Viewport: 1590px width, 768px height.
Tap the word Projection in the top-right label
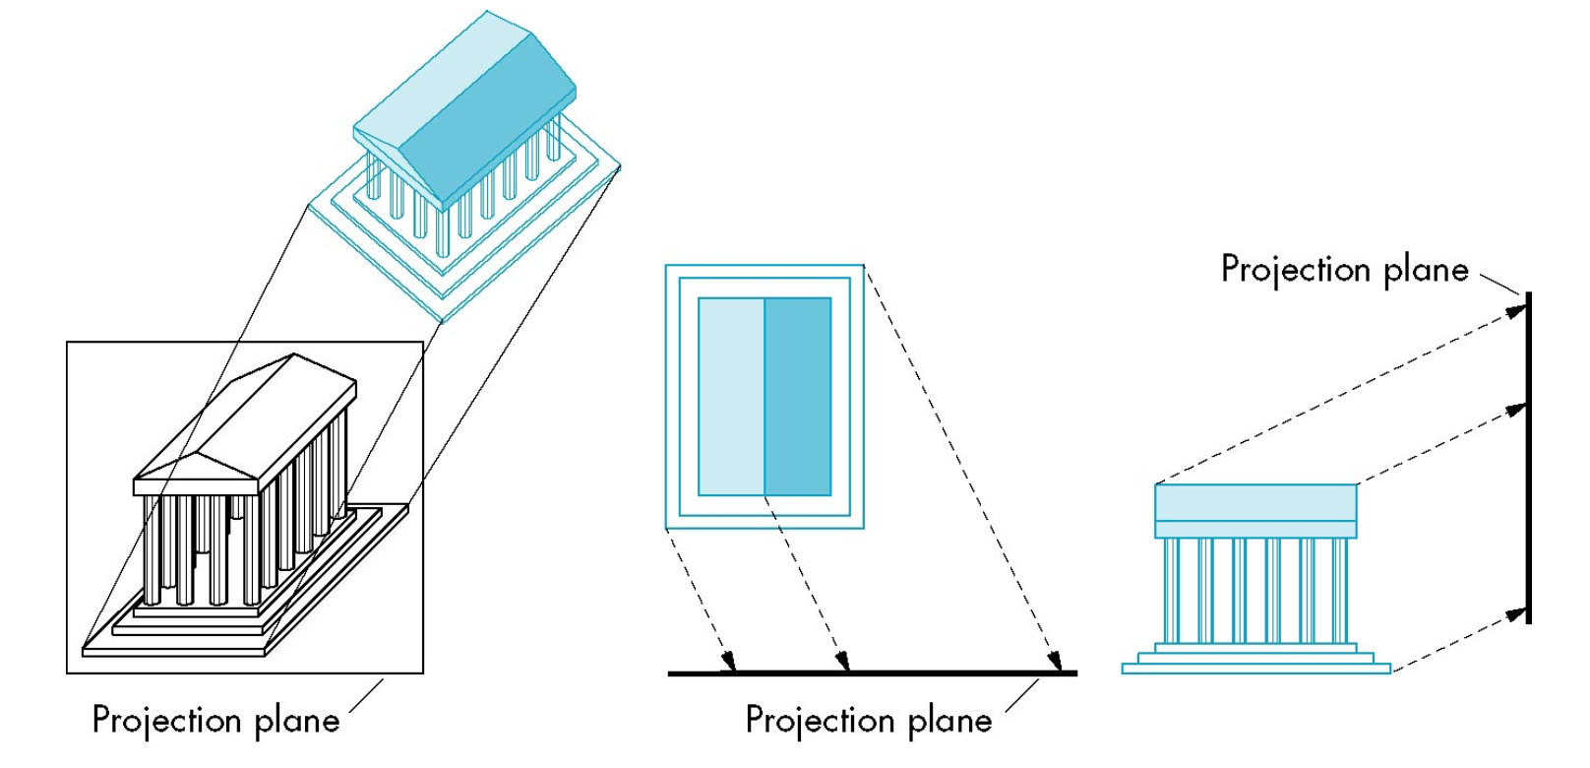(x=1296, y=269)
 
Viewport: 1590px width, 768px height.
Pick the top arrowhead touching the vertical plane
(x=1516, y=310)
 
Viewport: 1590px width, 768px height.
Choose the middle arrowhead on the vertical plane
(x=1516, y=409)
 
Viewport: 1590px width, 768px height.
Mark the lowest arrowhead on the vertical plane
(x=1516, y=617)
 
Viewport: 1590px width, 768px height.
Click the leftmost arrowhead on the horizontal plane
(x=728, y=661)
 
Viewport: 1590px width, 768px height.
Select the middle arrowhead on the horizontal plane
(x=842, y=661)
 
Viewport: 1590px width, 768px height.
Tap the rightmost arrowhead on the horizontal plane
(x=1055, y=661)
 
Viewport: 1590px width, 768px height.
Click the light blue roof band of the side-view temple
(x=1255, y=502)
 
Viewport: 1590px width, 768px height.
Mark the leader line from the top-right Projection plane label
(x=1501, y=284)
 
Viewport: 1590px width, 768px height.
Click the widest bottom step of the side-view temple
(x=1255, y=669)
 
